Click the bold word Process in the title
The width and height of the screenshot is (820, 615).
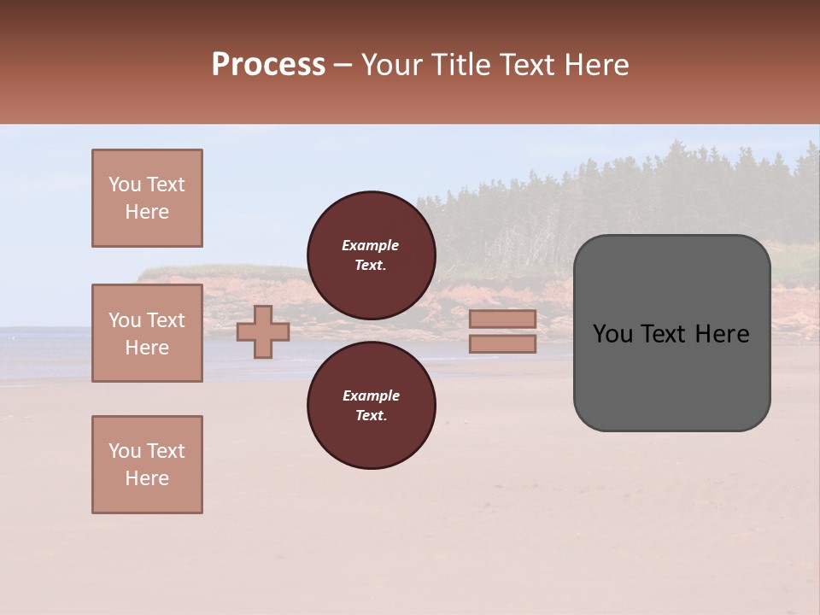[268, 65]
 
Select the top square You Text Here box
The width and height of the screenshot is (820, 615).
[147, 198]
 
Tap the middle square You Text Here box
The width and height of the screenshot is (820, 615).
[147, 333]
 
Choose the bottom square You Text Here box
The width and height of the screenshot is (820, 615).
[147, 465]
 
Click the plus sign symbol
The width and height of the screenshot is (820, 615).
[262, 332]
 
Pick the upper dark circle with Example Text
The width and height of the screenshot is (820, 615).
[371, 255]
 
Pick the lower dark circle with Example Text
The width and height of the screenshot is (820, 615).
[371, 405]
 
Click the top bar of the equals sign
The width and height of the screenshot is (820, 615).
[502, 319]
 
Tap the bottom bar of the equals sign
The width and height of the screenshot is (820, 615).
[502, 344]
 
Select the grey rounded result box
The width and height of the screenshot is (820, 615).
[671, 332]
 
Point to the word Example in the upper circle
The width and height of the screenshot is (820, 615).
[370, 245]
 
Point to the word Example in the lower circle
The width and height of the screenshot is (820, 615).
[370, 395]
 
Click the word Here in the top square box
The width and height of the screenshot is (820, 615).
[147, 212]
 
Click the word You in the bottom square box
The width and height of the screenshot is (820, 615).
[125, 451]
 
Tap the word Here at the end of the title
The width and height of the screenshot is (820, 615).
[596, 65]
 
